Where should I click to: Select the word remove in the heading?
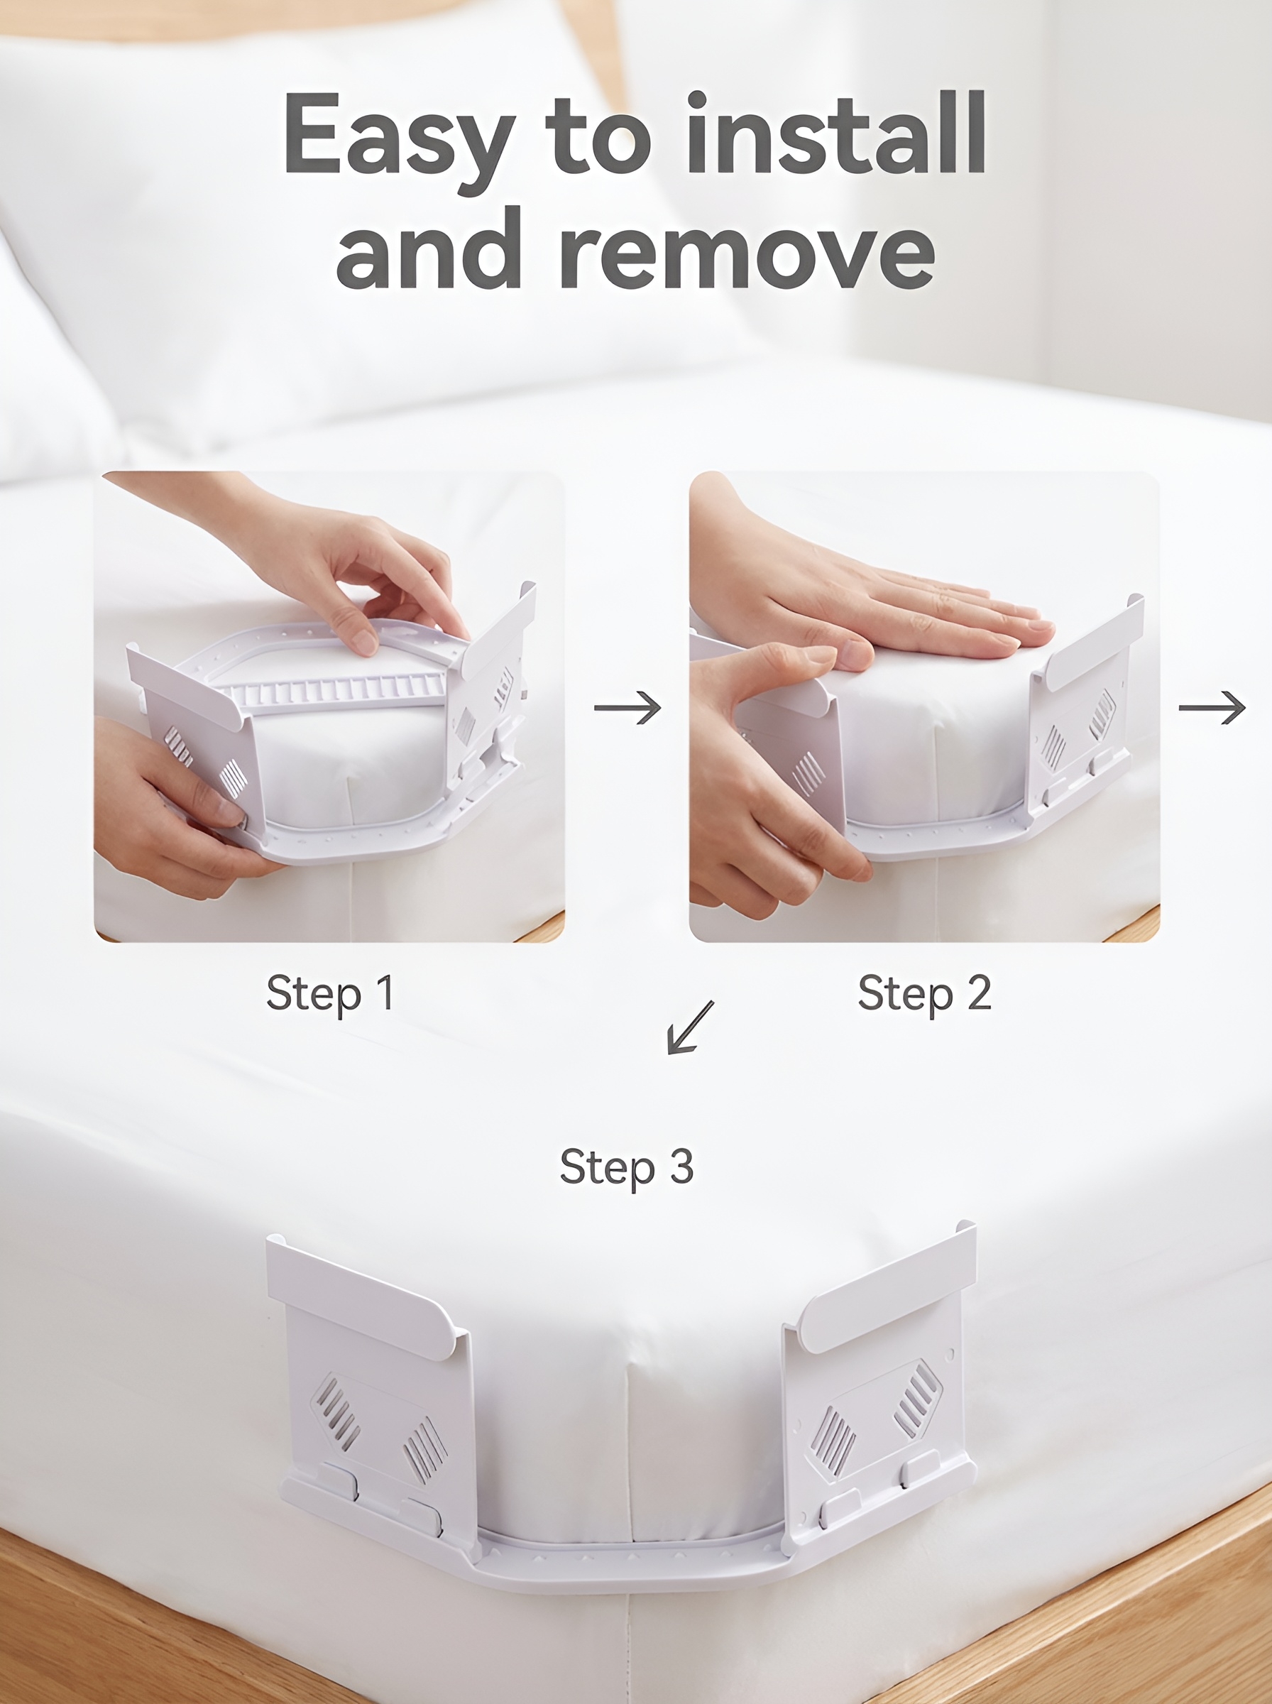point(747,250)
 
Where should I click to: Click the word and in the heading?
point(429,248)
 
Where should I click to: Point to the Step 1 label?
point(330,993)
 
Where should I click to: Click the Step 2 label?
point(924,993)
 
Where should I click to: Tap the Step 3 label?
point(627,1167)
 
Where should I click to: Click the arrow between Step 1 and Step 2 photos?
point(627,708)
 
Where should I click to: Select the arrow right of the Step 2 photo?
point(1212,708)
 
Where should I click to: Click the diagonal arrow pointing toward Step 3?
point(691,1027)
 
